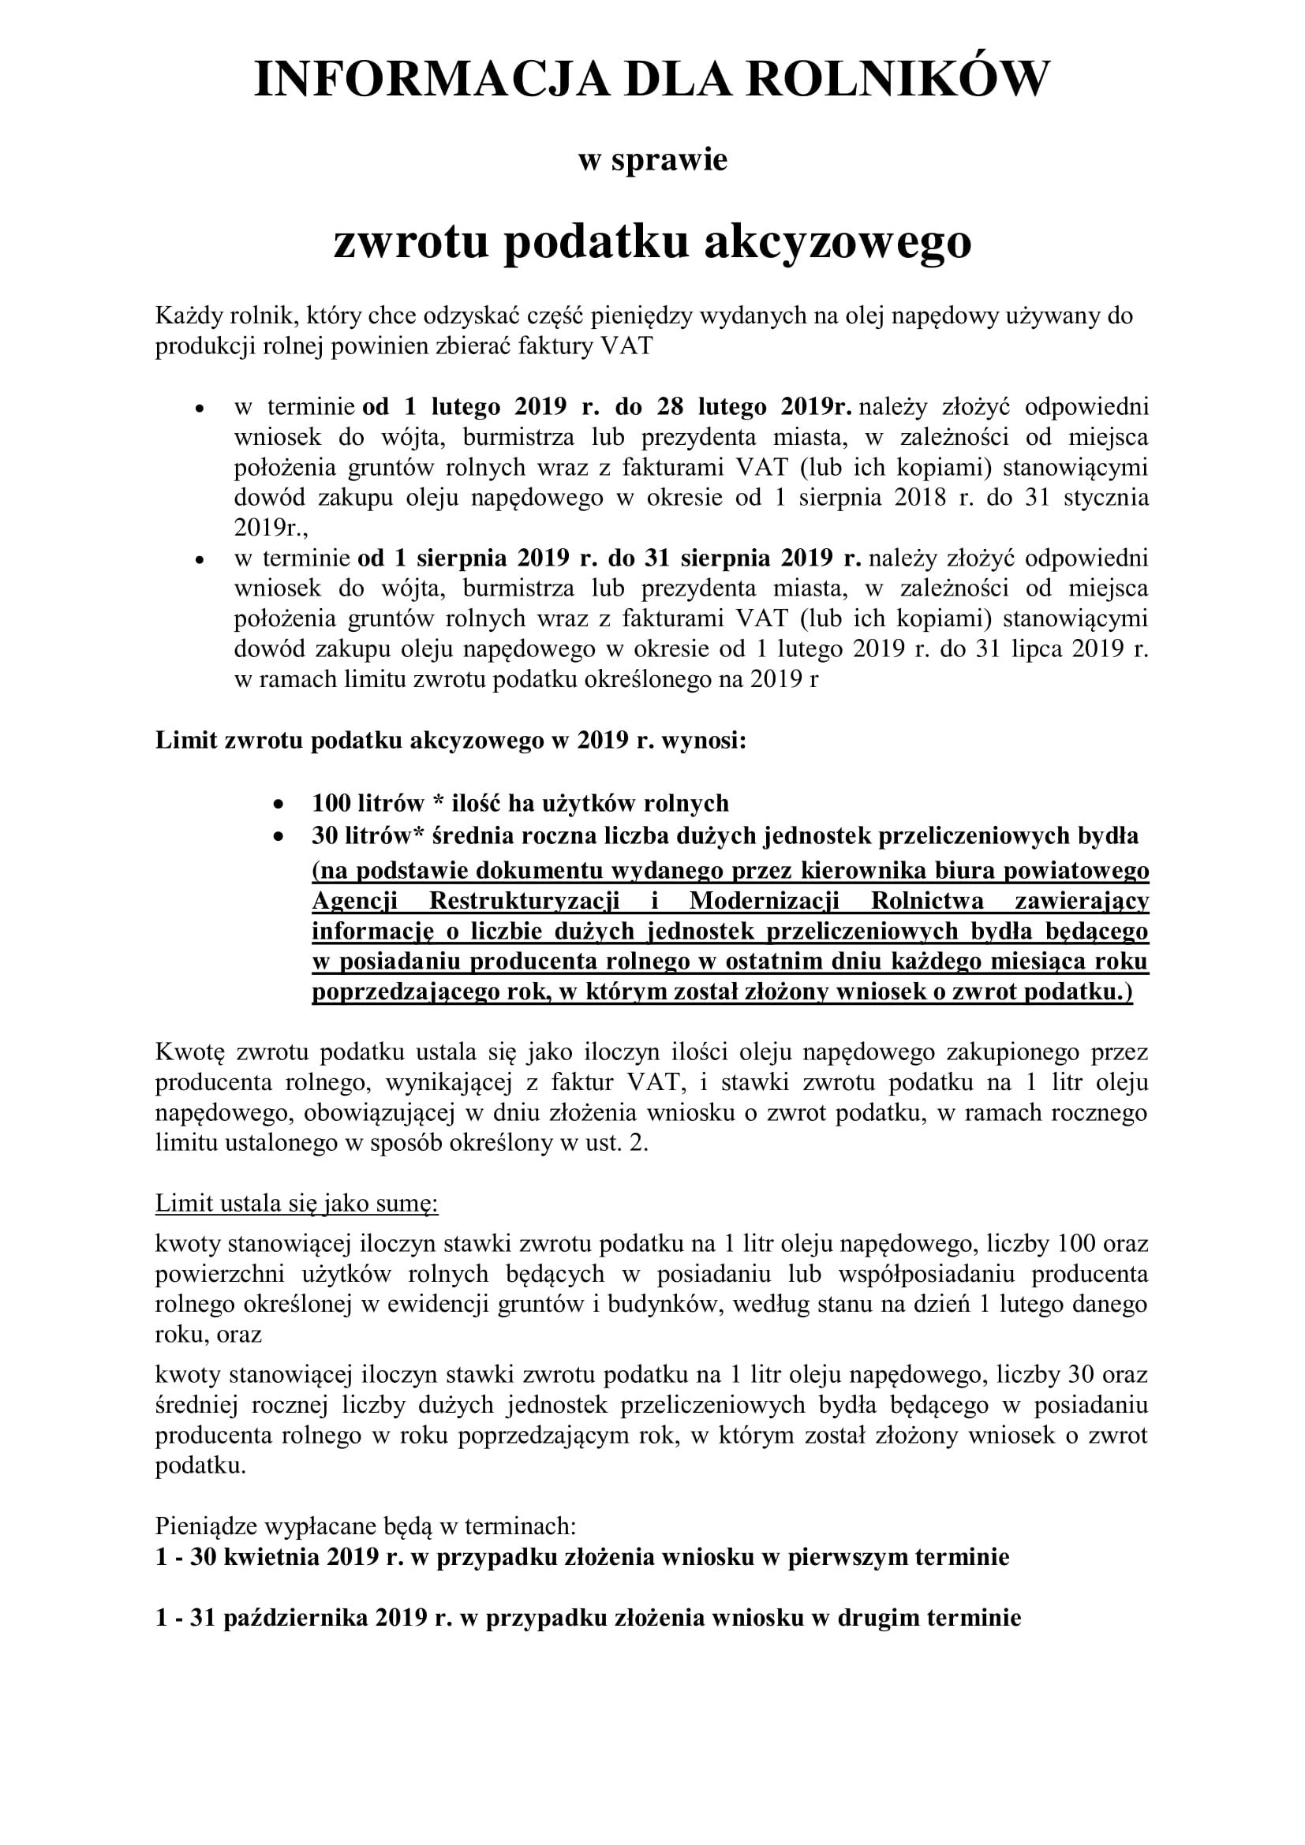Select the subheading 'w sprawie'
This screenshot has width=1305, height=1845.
coord(652,159)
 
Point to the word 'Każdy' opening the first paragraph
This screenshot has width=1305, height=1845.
coord(183,316)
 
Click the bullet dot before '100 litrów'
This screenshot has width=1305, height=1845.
coord(278,804)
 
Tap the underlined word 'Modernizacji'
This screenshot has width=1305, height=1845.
coord(764,901)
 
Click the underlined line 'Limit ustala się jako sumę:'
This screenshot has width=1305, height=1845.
coord(297,1203)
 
